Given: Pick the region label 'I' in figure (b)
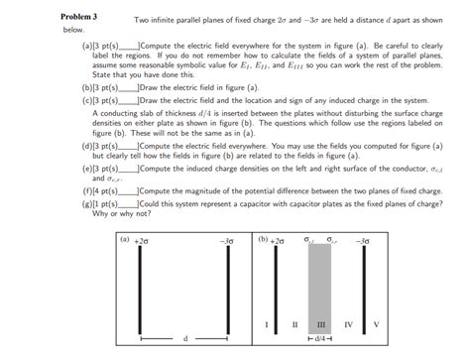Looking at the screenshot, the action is (267, 324).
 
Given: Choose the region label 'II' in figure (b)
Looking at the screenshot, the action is (294, 324).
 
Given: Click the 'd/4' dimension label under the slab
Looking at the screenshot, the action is (320, 340).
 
